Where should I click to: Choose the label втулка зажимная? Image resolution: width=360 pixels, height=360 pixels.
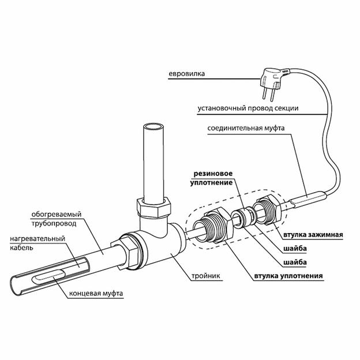(x=313, y=235)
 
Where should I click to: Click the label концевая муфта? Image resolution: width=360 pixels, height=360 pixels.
(x=96, y=294)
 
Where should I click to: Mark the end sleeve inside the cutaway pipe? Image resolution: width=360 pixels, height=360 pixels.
(x=46, y=278)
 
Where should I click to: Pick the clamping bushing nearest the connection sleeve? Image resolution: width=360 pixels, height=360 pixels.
(x=268, y=209)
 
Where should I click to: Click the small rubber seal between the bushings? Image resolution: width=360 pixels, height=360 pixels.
(x=239, y=219)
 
